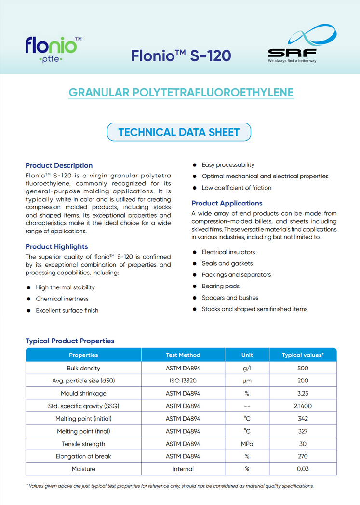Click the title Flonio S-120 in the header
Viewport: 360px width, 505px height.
point(181,55)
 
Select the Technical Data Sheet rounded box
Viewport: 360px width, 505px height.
point(179,132)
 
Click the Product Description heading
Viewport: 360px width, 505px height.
point(59,165)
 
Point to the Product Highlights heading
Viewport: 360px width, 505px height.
point(56,246)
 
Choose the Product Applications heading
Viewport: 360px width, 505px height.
point(227,203)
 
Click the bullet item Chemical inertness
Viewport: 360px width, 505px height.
point(62,299)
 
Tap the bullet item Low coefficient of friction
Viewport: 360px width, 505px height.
point(236,188)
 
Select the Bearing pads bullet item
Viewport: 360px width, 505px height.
point(220,286)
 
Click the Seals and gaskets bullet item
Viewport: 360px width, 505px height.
point(227,263)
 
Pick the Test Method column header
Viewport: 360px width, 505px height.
point(183,355)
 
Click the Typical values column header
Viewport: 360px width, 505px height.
point(303,355)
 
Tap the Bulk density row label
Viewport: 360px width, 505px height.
point(83,368)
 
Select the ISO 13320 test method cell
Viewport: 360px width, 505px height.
point(183,381)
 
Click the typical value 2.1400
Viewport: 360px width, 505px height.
point(303,406)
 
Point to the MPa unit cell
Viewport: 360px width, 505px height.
point(247,444)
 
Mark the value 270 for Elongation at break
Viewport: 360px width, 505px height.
point(303,456)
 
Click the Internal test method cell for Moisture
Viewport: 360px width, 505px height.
point(183,469)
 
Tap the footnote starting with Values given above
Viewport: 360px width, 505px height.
point(170,486)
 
